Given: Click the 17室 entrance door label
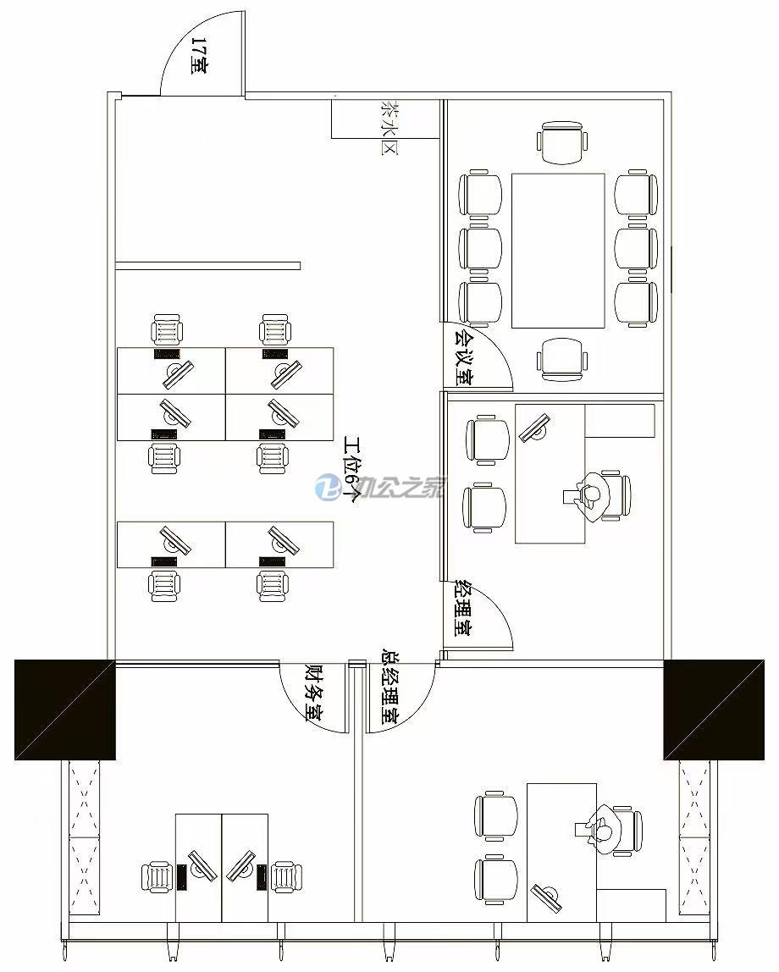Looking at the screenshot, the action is [x=199, y=56].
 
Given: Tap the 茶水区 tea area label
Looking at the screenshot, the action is [x=389, y=127].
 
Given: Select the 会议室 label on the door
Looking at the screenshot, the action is [x=463, y=358].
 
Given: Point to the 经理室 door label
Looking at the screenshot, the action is [x=463, y=608].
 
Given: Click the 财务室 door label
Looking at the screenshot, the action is [x=316, y=693].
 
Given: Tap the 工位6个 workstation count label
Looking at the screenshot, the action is [x=352, y=470].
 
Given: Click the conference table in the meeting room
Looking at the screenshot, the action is [x=558, y=251].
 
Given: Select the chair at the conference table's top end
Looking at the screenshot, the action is [x=561, y=143].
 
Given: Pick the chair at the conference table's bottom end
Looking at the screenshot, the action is [x=561, y=359].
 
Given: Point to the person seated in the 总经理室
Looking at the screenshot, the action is [x=602, y=830].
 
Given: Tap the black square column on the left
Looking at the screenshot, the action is [x=65, y=710].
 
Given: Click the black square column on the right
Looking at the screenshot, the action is [x=714, y=710].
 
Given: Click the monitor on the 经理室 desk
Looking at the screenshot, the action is [x=535, y=428].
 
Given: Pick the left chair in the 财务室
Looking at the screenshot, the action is [x=158, y=877].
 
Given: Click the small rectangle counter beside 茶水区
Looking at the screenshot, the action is [x=385, y=119].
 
